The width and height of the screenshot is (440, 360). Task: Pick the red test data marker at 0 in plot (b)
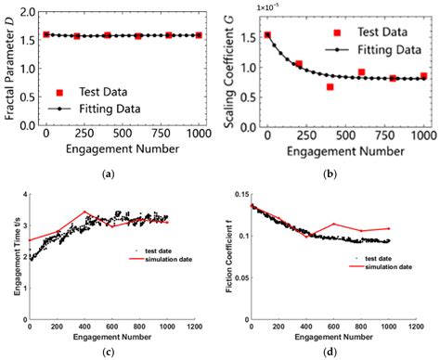pyautogui.click(x=267, y=35)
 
